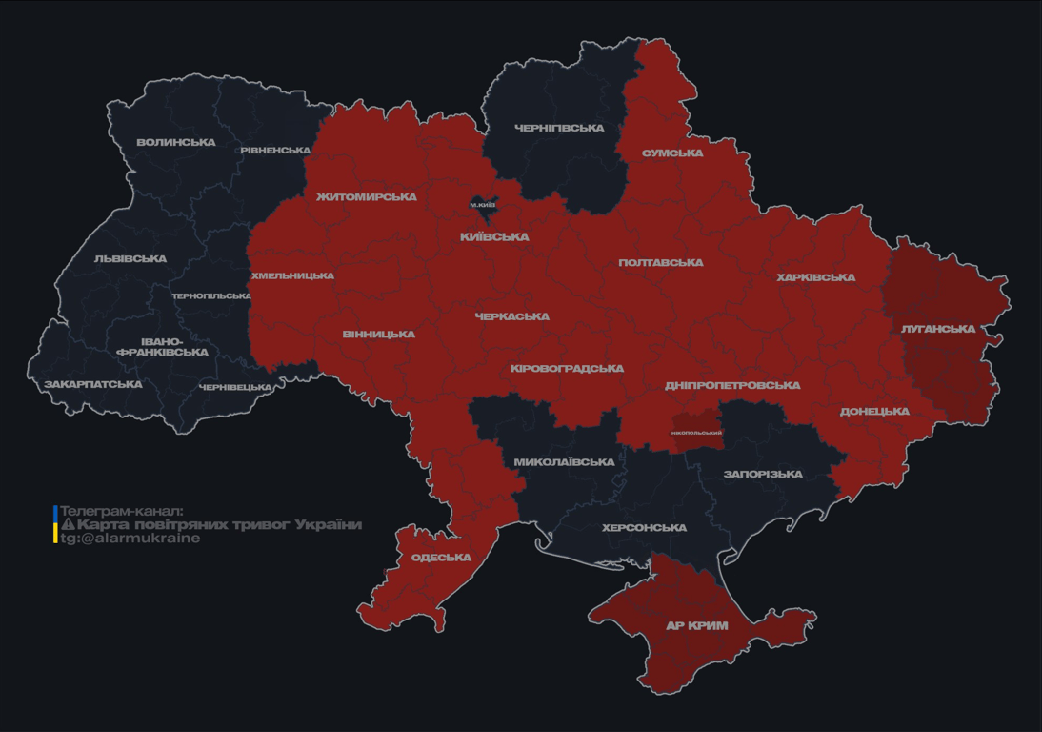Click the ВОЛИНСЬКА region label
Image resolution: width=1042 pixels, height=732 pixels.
[175, 143]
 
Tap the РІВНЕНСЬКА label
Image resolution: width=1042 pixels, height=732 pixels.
[275, 151]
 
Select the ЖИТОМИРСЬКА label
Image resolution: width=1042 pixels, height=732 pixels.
[367, 197]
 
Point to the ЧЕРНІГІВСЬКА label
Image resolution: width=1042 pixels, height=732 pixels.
[559, 128]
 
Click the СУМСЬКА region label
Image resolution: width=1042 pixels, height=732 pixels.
[672, 153]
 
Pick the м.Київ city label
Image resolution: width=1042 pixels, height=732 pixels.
[483, 205]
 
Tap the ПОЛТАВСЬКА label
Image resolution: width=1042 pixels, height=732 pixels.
[661, 263]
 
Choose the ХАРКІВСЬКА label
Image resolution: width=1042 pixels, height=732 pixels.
[815, 278]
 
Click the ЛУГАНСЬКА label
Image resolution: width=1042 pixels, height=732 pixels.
[938, 329]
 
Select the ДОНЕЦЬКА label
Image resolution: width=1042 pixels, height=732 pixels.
[874, 412]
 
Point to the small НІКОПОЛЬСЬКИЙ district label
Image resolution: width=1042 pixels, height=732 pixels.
[696, 433]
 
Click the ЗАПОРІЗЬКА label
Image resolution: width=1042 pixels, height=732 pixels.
[763, 474]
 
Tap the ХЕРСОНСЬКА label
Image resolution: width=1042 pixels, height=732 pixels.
[644, 528]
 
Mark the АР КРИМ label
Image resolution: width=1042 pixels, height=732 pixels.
[696, 626]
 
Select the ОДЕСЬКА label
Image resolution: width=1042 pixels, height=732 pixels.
[441, 558]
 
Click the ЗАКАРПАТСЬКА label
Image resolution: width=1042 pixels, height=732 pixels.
[93, 385]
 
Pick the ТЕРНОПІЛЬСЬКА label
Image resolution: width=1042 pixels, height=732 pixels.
[211, 296]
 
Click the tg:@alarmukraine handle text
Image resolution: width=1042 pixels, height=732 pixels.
[130, 539]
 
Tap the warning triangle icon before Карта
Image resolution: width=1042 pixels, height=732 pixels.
[68, 525]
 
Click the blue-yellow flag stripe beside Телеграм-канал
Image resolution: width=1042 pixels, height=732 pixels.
[55, 524]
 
